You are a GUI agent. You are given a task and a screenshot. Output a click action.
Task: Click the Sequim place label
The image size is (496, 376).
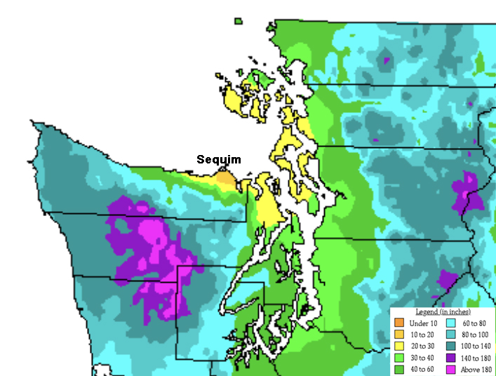[x=218, y=159]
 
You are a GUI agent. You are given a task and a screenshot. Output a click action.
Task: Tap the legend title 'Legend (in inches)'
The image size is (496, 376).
[x=443, y=311]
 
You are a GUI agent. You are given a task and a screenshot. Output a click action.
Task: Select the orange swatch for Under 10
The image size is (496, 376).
[x=399, y=323]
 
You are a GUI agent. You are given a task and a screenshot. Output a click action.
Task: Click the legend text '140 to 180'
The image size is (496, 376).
[x=476, y=358]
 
